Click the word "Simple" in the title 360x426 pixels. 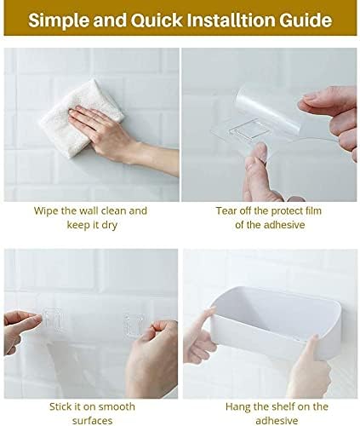(x=60, y=20)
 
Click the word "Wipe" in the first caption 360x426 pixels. (x=48, y=210)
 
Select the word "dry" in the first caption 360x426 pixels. (x=115, y=224)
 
